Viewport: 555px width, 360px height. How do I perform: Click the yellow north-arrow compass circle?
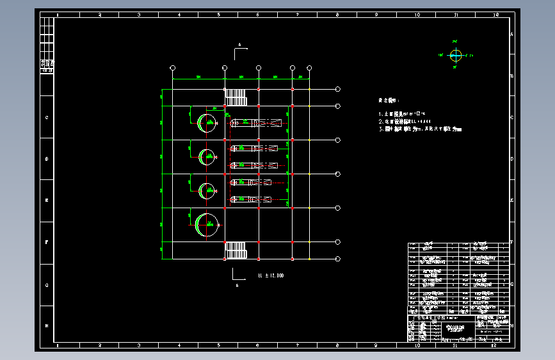pyautogui.click(x=456, y=55)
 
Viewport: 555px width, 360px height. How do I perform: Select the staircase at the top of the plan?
pyautogui.click(x=236, y=97)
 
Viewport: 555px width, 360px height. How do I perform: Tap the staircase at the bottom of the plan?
pyautogui.click(x=236, y=250)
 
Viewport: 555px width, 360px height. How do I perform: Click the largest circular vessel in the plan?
pyautogui.click(x=207, y=224)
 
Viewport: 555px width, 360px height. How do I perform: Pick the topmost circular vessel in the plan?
pyautogui.click(x=207, y=122)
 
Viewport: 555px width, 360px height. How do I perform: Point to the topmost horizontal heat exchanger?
pyautogui.click(x=256, y=122)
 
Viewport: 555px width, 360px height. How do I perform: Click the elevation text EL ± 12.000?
pyautogui.click(x=271, y=275)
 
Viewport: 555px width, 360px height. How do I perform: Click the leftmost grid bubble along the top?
pyautogui.click(x=173, y=68)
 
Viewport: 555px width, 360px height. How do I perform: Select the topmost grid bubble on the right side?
pyautogui.click(x=338, y=90)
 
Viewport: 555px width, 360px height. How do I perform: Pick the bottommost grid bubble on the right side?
pyautogui.click(x=338, y=258)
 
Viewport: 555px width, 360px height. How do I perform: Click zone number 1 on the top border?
pyautogui.click(x=59, y=14)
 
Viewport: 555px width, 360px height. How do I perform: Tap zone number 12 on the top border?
pyautogui.click(x=495, y=14)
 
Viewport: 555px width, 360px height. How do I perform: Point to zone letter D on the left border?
pyautogui.click(x=47, y=159)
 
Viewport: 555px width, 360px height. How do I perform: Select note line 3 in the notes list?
pyautogui.click(x=420, y=129)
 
